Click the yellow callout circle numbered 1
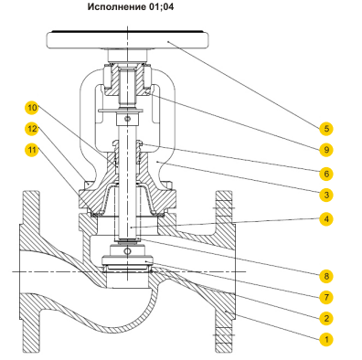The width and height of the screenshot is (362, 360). coord(326,339)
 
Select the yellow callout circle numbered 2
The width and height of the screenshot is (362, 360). coord(326,318)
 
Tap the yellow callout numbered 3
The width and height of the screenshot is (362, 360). coord(326,195)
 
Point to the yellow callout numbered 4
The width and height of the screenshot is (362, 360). coord(326,219)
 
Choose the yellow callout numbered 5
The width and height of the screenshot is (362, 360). coord(326,129)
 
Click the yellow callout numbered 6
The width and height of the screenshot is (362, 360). coord(326,174)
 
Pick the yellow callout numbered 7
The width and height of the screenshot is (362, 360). coord(326,297)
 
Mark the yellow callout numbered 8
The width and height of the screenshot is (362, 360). coord(326,276)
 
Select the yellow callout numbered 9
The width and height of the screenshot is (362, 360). coord(326,150)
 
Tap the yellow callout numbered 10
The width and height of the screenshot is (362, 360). coord(32,108)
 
